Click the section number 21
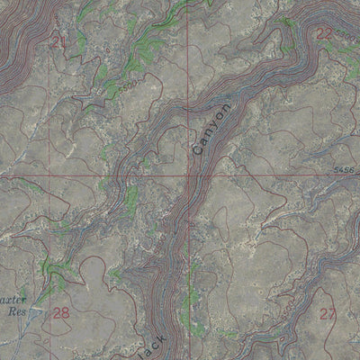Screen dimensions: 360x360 pyautogui.click(x=58, y=41)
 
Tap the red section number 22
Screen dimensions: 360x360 pyautogui.click(x=325, y=33)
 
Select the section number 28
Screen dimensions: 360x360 pyautogui.click(x=61, y=313)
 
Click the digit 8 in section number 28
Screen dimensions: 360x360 pyautogui.click(x=65, y=313)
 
